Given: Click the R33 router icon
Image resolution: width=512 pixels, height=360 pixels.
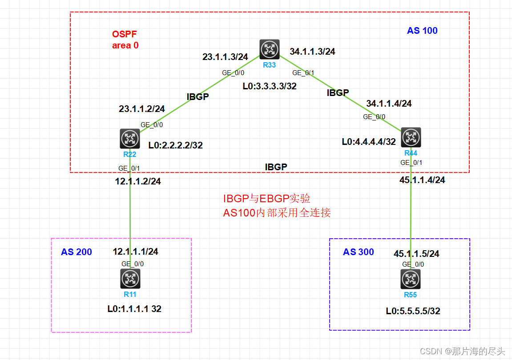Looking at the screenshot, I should (269, 49).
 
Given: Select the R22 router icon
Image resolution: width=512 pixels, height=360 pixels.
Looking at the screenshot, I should (130, 139).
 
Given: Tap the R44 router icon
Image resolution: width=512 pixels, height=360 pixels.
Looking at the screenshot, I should (411, 137).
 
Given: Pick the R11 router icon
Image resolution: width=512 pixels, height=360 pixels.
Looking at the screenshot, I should (130, 279).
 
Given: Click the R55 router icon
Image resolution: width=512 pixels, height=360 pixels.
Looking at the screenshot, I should (411, 279).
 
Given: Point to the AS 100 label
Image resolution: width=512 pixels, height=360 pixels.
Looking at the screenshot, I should (422, 31).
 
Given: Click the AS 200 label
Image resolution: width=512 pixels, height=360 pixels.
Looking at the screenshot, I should (77, 252).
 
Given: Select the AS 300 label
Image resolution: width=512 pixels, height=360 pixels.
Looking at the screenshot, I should (358, 252).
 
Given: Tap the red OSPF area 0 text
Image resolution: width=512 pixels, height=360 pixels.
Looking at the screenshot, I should (125, 40).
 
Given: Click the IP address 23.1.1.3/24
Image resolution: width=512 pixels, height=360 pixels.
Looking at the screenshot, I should (225, 56).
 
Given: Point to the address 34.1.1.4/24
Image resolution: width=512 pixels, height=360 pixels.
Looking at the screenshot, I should (389, 104).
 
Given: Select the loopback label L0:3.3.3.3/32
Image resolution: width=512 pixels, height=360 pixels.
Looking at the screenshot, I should (270, 86).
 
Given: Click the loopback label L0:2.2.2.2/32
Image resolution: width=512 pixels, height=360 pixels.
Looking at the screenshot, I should (176, 145).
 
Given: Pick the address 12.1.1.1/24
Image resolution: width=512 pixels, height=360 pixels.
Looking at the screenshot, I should (135, 252).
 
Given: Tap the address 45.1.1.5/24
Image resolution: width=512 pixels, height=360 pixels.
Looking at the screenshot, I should (416, 254).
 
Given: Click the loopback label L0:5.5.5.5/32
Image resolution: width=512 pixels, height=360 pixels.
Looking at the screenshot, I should (413, 311).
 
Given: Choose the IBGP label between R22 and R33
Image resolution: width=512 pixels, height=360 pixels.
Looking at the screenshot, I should (197, 96).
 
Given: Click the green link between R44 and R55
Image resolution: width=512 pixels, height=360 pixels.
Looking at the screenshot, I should (411, 209).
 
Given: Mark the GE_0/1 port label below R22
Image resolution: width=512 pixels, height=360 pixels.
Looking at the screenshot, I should (129, 168).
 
